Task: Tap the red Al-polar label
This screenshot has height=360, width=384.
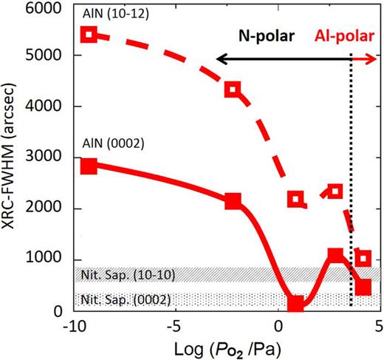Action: click(344, 35)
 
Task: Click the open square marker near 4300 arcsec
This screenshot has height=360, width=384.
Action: click(233, 89)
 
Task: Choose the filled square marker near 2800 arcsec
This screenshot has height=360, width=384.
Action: click(89, 166)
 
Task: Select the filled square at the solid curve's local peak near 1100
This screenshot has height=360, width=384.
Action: click(336, 256)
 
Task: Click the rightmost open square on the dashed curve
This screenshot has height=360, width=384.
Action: click(363, 258)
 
